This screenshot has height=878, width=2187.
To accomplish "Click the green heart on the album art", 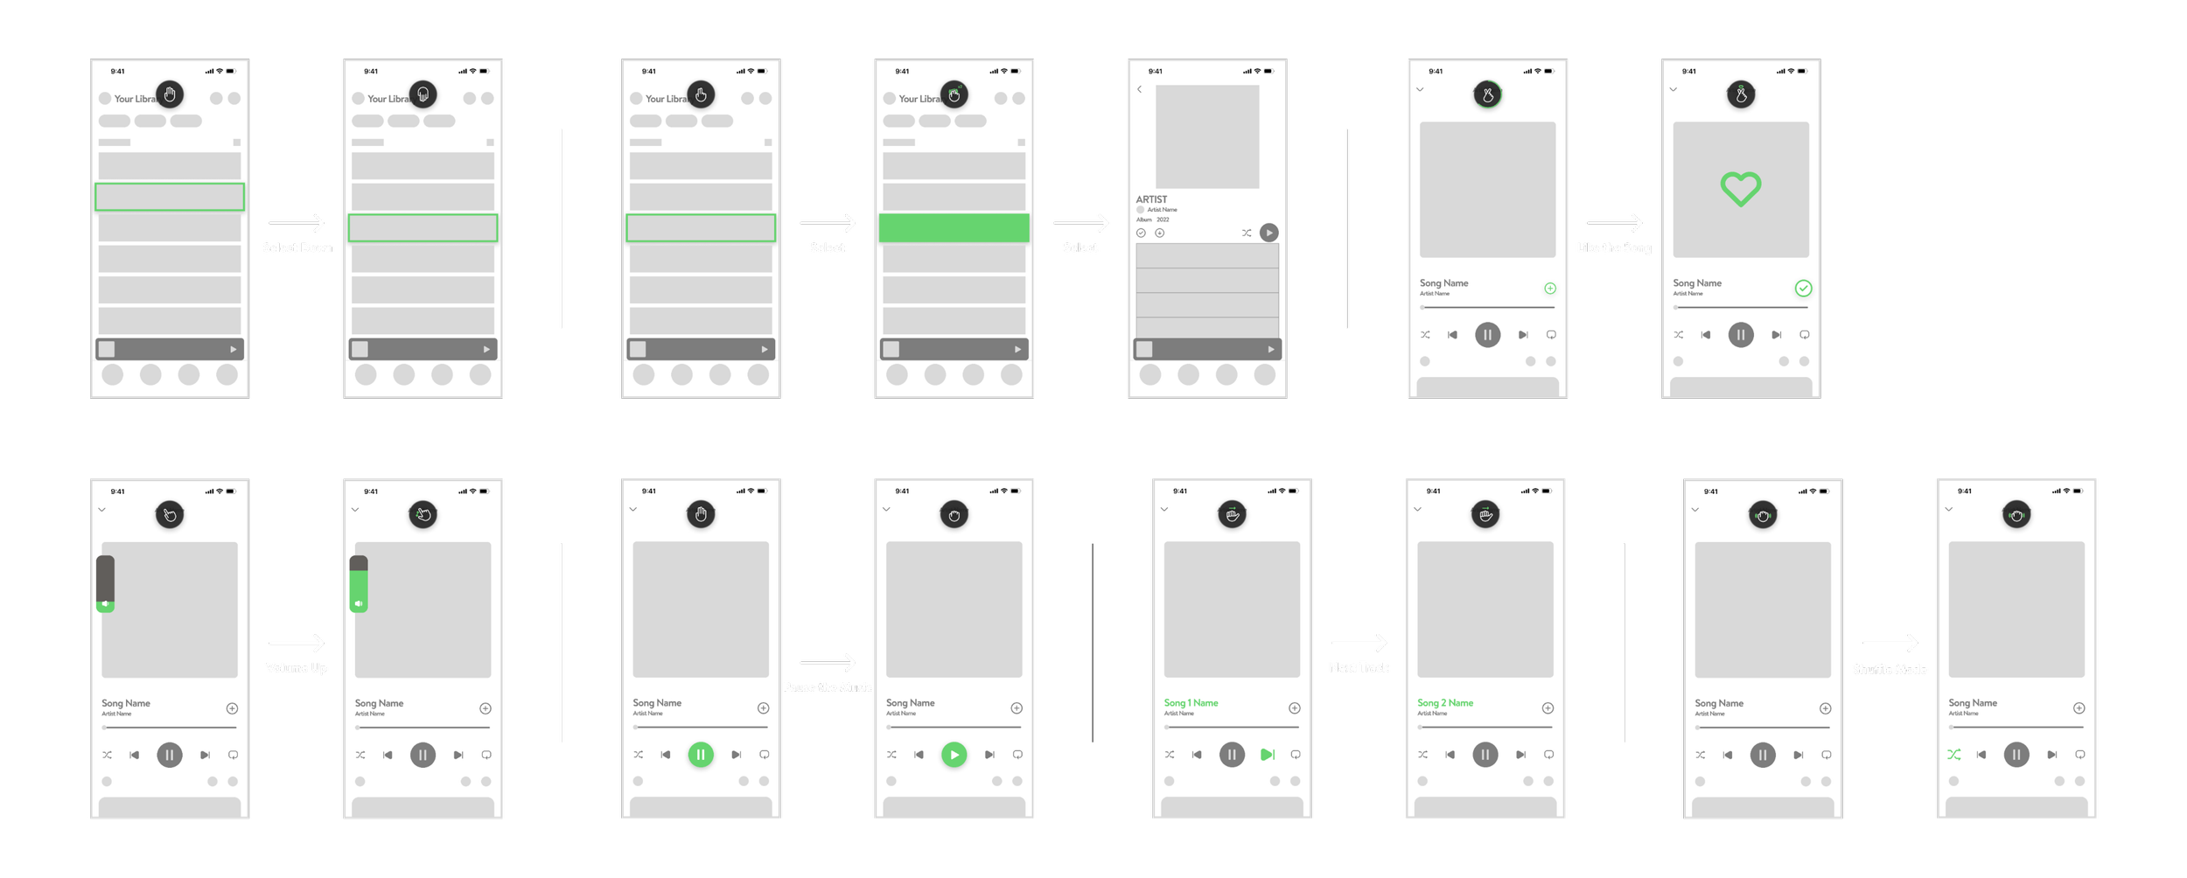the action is [1740, 189].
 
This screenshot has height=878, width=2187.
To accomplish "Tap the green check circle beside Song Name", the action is [1803, 288].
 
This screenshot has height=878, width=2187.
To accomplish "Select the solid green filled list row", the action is [954, 227].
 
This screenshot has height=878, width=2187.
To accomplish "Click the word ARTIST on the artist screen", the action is [1151, 199].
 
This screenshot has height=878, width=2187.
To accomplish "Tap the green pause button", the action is [700, 754].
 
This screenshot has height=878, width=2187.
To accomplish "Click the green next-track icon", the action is [1267, 754].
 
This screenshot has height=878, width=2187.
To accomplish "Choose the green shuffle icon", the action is [1953, 754].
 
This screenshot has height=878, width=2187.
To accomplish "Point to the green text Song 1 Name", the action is [1191, 703].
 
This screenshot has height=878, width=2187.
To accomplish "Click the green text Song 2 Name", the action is [1444, 703].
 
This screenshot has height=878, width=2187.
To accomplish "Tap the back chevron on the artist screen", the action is [1139, 89].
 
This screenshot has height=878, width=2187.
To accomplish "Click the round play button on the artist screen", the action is [1268, 233].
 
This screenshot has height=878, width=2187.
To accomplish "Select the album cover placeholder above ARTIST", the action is [1206, 136].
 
